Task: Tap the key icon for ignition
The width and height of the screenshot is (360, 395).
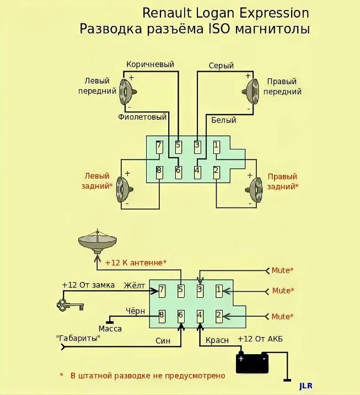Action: click(x=69, y=304)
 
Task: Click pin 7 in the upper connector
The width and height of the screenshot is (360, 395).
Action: click(x=159, y=146)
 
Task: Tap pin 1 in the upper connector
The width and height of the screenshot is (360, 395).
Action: click(x=217, y=146)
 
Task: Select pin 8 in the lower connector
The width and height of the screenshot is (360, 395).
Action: click(x=162, y=316)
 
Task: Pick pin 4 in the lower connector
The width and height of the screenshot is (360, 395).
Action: click(x=200, y=316)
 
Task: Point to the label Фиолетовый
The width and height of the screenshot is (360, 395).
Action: click(x=142, y=117)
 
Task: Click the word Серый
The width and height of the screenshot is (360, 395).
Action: click(x=221, y=66)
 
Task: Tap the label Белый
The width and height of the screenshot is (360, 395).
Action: click(x=224, y=120)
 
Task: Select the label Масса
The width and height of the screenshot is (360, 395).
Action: click(x=110, y=329)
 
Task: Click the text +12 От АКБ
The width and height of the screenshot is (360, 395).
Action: click(x=260, y=339)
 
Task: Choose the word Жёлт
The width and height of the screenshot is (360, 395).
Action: click(x=135, y=285)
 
